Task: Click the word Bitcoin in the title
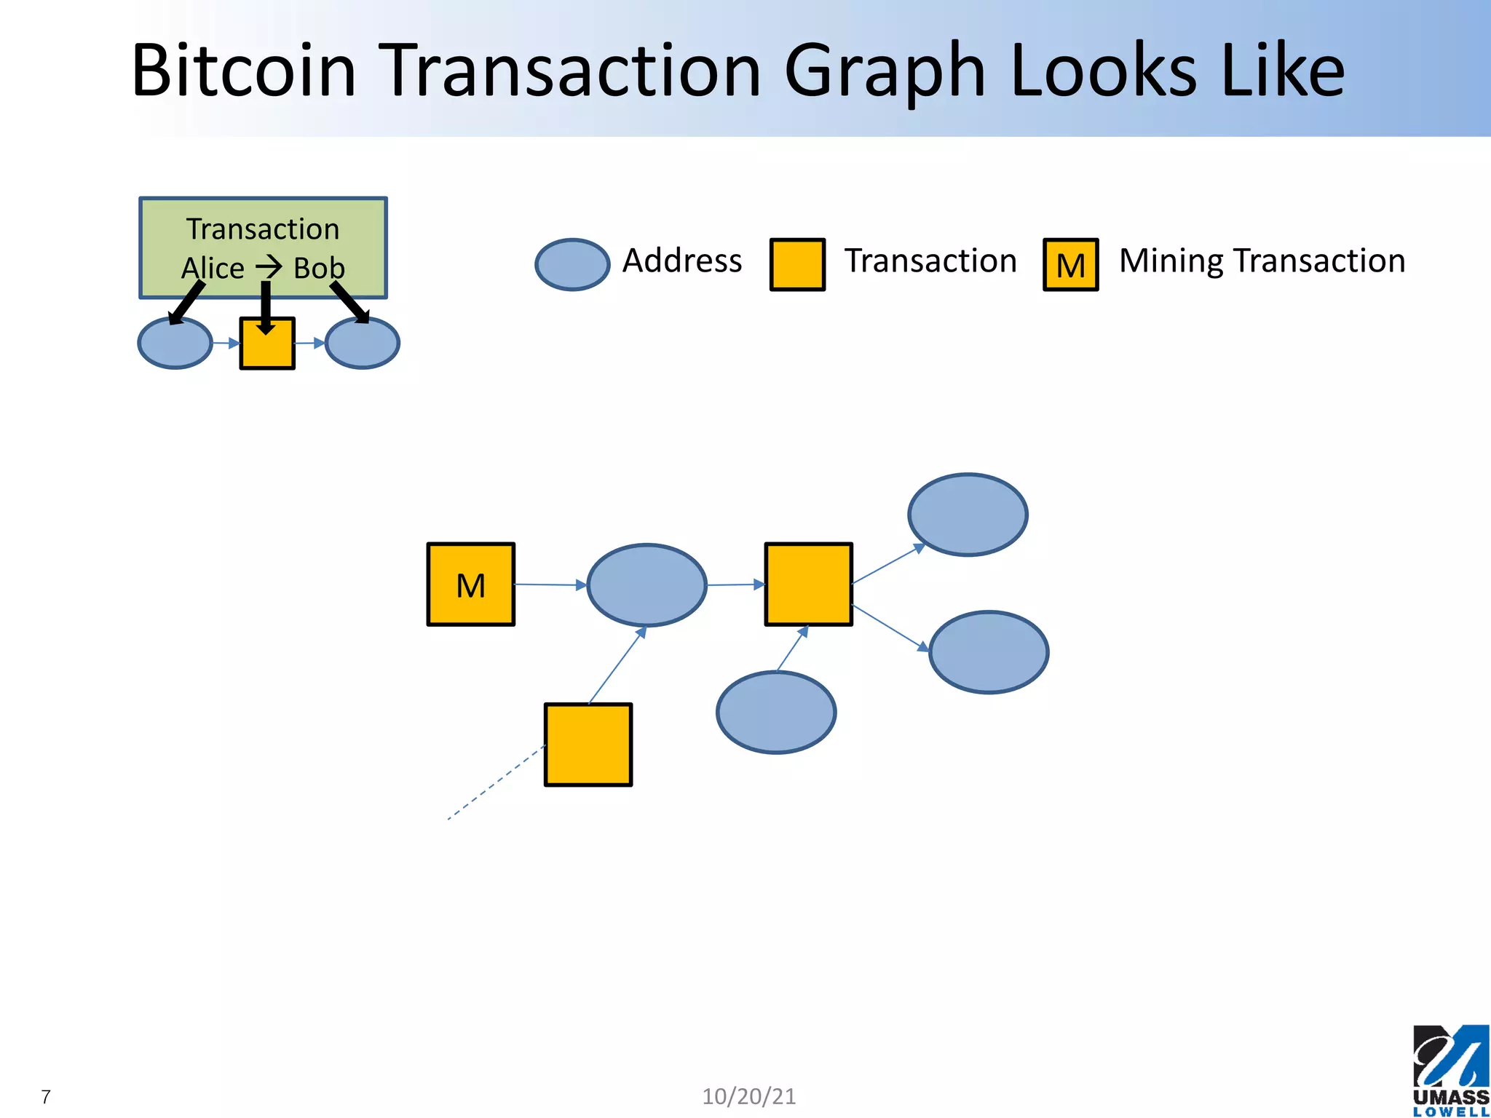(243, 71)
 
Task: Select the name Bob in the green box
(319, 269)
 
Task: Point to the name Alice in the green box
(212, 269)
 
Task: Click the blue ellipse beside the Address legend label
(572, 264)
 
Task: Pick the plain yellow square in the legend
(797, 264)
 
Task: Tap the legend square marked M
(1070, 264)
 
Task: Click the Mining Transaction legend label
(1262, 261)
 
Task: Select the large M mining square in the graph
(470, 584)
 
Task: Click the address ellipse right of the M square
(646, 584)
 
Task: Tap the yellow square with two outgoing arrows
(808, 584)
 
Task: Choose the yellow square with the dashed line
(588, 744)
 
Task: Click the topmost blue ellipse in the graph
(968, 515)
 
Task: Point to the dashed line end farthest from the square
(449, 819)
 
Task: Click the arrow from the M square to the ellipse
(550, 584)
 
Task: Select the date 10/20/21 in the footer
(748, 1096)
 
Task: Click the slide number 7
(46, 1097)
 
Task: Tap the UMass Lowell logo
(1450, 1070)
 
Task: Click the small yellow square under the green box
(267, 344)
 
